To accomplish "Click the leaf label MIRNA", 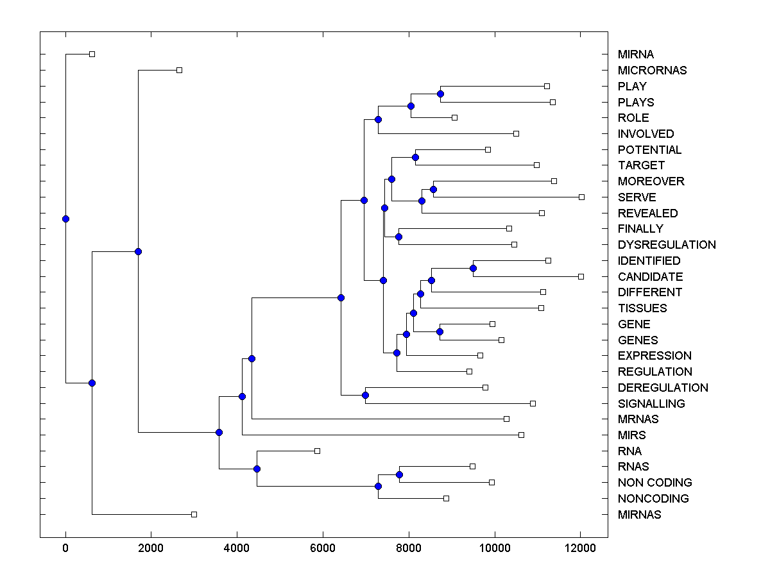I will coord(636,54).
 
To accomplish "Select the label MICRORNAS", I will coord(652,71).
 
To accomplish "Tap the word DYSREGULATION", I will coord(667,245).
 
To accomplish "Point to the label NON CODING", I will coord(654,483).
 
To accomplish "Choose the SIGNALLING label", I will coord(651,404).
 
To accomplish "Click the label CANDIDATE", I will coord(650,277).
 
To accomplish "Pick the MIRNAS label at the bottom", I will coord(639,515).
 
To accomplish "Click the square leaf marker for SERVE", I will coord(581,197).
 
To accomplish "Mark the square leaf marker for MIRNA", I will coord(92,54).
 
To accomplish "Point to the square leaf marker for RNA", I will coord(317,451).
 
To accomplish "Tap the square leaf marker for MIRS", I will coord(521,435).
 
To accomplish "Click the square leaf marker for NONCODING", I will coord(446,498).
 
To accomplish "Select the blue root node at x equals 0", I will coord(65,219).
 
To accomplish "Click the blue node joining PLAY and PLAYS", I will coord(440,94).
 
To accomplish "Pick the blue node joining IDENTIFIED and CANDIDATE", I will coord(473,268).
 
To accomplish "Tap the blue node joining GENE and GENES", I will coord(440,331).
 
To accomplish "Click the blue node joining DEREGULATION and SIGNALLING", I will coord(365,395).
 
